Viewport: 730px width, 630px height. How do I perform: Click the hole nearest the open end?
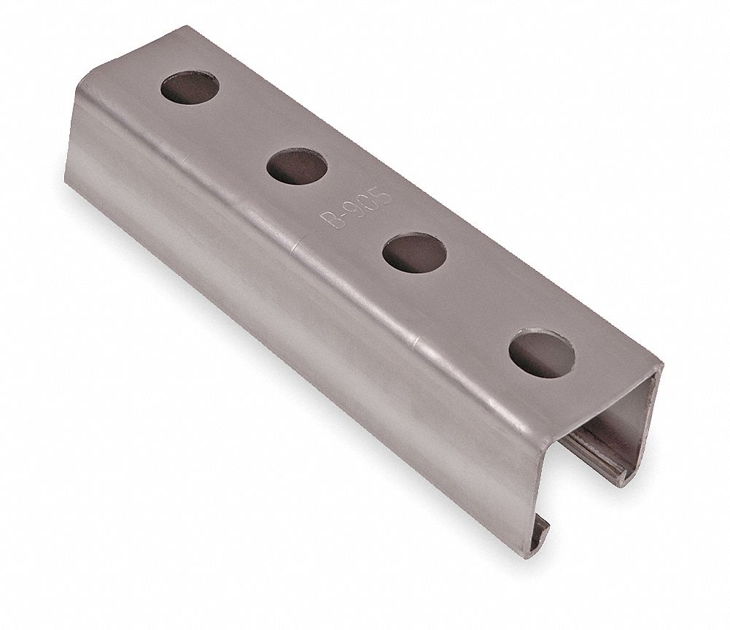click(542, 353)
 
